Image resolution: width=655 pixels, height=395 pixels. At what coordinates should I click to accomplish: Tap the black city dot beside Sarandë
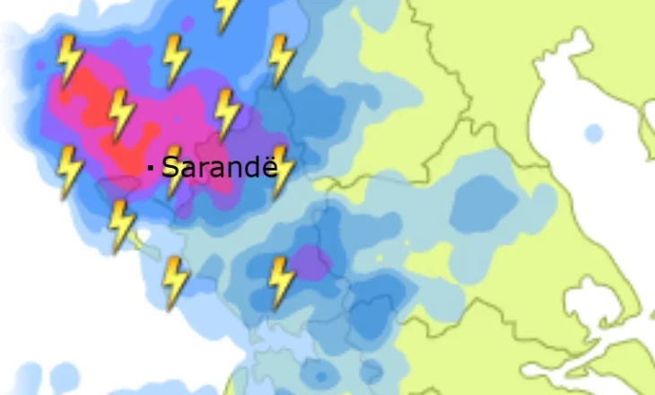[x=151, y=167]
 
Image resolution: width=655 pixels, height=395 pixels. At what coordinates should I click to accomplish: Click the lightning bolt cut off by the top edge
[x=228, y=13]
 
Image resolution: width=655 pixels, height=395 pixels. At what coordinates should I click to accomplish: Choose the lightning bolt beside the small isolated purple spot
[x=282, y=281]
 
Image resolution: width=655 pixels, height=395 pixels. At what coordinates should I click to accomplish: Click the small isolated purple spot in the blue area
[x=312, y=263]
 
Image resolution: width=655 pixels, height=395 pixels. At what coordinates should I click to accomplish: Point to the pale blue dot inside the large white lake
[x=593, y=134]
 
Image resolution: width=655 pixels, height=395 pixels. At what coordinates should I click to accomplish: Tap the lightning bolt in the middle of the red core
[x=121, y=114]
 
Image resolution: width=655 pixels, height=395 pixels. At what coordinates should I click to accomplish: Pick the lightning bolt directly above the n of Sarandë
[x=228, y=114]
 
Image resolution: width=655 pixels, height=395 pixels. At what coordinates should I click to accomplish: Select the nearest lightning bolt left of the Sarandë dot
[x=70, y=171]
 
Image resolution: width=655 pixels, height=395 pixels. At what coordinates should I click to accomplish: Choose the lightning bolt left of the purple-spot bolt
[x=176, y=282]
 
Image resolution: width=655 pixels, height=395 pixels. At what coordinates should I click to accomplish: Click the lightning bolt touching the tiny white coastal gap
[x=121, y=224]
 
